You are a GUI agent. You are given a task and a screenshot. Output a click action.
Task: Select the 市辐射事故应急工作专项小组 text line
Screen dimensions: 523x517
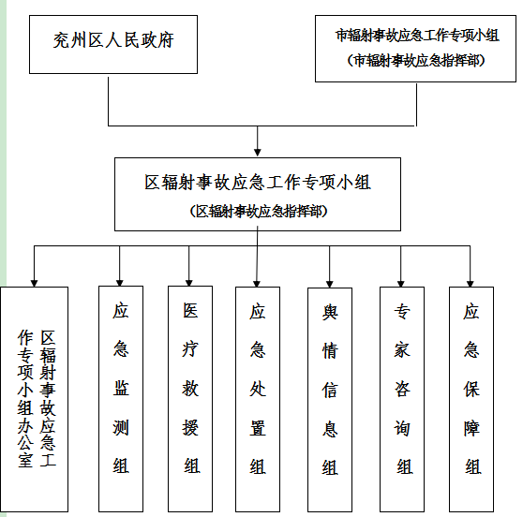(x=417, y=36)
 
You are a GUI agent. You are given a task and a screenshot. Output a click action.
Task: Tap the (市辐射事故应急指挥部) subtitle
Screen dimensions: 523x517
(x=416, y=61)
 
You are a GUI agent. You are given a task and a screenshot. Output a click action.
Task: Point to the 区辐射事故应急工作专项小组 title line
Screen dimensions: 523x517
(x=258, y=183)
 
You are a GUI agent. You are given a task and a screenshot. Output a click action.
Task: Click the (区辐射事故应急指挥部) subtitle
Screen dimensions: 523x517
(x=259, y=211)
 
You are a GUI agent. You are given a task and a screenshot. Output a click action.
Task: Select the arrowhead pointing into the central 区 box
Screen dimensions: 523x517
(x=258, y=152)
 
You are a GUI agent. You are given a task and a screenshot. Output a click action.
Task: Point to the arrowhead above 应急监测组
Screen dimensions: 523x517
(x=120, y=283)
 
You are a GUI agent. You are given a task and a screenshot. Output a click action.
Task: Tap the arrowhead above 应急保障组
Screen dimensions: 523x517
(x=471, y=284)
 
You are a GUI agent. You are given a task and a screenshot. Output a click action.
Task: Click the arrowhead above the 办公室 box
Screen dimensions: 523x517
(x=34, y=284)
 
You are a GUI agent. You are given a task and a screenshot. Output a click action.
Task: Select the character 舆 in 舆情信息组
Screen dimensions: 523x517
(x=330, y=312)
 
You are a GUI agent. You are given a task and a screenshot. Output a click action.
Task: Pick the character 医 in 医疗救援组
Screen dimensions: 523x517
(x=190, y=311)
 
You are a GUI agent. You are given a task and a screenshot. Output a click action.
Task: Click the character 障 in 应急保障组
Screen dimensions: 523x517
(x=471, y=428)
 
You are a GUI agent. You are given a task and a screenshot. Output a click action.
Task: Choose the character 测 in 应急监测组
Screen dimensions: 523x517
(x=121, y=428)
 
